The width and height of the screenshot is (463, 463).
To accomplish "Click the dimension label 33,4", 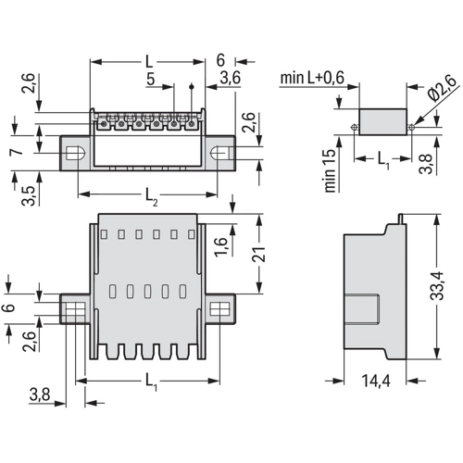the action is (437, 286).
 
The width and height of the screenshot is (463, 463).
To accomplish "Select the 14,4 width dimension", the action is (376, 381).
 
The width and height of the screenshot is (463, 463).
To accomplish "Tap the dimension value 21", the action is (258, 254).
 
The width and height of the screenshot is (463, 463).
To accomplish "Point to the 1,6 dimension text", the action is (221, 246).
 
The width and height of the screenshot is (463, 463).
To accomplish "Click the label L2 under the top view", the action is (152, 196).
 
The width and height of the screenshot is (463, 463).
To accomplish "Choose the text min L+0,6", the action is (312, 78).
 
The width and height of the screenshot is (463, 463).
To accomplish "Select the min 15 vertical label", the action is (330, 170).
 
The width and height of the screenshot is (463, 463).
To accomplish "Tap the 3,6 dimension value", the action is (230, 78).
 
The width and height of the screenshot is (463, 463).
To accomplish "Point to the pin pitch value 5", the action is (150, 79).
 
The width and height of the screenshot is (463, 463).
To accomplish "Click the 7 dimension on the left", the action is (17, 152).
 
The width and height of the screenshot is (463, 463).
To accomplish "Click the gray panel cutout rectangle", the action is (382, 121).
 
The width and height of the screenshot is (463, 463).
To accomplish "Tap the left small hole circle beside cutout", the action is (355, 127).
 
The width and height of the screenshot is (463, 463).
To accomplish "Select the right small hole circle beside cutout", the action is (411, 127).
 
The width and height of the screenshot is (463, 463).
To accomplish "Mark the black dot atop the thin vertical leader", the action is (192, 86).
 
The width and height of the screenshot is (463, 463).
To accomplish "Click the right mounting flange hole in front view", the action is (219, 308).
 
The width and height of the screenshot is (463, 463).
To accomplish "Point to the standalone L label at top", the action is (149, 62).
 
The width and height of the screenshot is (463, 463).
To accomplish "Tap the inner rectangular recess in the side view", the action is (362, 309).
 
